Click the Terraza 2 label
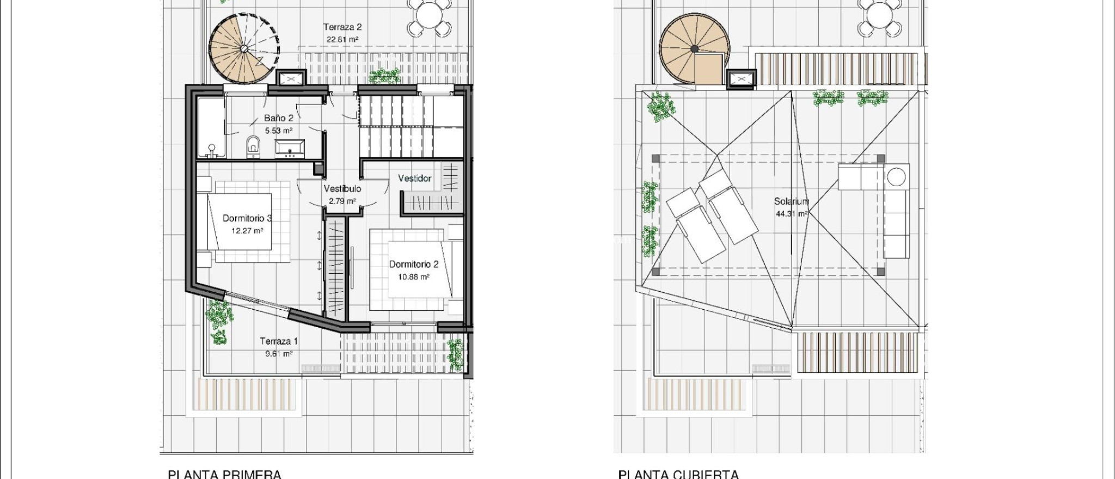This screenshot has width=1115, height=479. tap(342, 27)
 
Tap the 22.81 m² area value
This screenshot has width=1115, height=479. tap(342, 39)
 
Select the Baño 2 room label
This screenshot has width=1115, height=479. tap(279, 118)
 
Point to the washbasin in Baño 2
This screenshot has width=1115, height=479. tap(290, 147)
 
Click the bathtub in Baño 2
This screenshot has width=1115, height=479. tap(211, 127)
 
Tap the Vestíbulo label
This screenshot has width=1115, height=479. tap(342, 189)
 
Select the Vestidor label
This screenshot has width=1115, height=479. tap(414, 179)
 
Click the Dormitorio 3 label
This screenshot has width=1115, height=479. tap(247, 218)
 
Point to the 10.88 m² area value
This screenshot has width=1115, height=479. tap(414, 277)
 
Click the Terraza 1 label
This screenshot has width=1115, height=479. tap(279, 341)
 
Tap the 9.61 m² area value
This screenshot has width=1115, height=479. tap(279, 354)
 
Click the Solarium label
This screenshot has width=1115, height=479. tap(792, 201)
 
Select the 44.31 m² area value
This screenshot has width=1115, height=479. tap(792, 214)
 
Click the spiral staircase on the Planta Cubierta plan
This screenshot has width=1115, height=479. tap(693, 50)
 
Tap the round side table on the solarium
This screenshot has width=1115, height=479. tap(896, 177)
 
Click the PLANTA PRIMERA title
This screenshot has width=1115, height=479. tap(224, 474)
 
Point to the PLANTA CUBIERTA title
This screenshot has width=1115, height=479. tap(678, 474)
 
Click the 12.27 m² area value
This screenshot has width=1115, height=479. tap(247, 231)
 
